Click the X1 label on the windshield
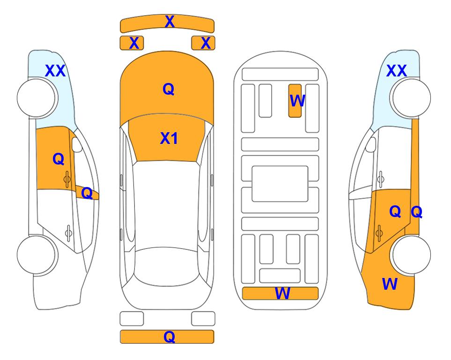pos(169,138)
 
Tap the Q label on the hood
pos(168,89)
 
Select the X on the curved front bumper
pos(170,22)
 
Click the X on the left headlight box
pos(134,43)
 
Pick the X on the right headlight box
pos(206,43)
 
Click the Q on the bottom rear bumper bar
pos(169,337)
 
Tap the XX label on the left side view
pos(56,71)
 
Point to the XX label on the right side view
pos(396,71)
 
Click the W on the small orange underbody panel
pos(297,101)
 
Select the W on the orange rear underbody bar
pos(282,293)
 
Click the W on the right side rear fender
pos(390,284)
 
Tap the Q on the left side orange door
pos(59,159)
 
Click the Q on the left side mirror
pos(87,193)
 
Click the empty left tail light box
pos(132,319)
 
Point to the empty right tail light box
pos(203,319)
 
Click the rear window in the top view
pos(167,266)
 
